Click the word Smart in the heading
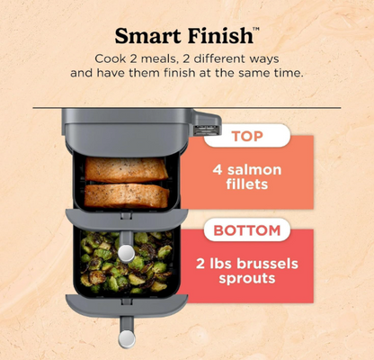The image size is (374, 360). pos(147,36)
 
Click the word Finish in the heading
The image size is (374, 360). pos(219,36)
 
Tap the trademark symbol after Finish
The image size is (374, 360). pos(256,29)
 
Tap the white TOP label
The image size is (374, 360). pos(247,136)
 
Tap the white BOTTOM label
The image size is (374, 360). pos(247,230)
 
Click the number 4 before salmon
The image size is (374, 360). pos(218,170)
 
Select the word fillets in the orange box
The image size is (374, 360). pos(247,184)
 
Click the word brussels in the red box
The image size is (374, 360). pos(268,264)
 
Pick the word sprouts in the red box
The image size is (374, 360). pos(247,278)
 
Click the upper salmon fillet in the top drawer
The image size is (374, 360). pos(127,169)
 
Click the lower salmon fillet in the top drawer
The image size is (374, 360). pos(127,196)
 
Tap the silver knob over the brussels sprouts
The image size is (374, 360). pos(126,254)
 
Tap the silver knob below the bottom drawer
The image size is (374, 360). pos(127,339)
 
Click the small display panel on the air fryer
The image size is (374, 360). pos(206,130)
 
